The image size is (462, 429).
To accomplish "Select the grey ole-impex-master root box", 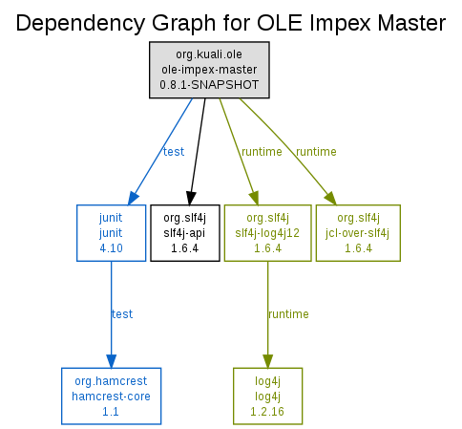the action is tap(209, 70).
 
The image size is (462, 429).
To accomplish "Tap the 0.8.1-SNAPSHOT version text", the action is tap(209, 85).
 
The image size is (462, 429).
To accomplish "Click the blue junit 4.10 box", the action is tap(111, 233).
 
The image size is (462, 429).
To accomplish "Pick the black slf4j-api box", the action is tap(185, 233).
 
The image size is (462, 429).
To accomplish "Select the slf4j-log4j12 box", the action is tap(267, 233).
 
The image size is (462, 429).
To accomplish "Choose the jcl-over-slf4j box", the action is tap(358, 233).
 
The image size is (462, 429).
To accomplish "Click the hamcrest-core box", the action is tap(111, 396).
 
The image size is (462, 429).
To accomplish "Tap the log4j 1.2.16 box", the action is tap(267, 396).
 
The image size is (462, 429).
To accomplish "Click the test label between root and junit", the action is tap(174, 152).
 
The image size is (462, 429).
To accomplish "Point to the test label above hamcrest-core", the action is tap(122, 314).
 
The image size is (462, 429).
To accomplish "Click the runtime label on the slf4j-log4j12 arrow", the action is tap(262, 152).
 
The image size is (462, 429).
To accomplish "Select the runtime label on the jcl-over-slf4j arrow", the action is tap(316, 152).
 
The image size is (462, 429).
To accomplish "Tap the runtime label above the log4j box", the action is tap(288, 314).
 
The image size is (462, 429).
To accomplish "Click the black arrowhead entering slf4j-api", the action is tap(190, 198).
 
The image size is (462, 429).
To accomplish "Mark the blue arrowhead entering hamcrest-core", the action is tap(111, 361).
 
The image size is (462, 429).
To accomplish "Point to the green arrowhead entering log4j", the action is tap(267, 361).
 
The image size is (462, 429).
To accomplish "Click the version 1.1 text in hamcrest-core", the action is tap(111, 412).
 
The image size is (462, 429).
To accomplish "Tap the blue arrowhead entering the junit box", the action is tap(134, 198).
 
